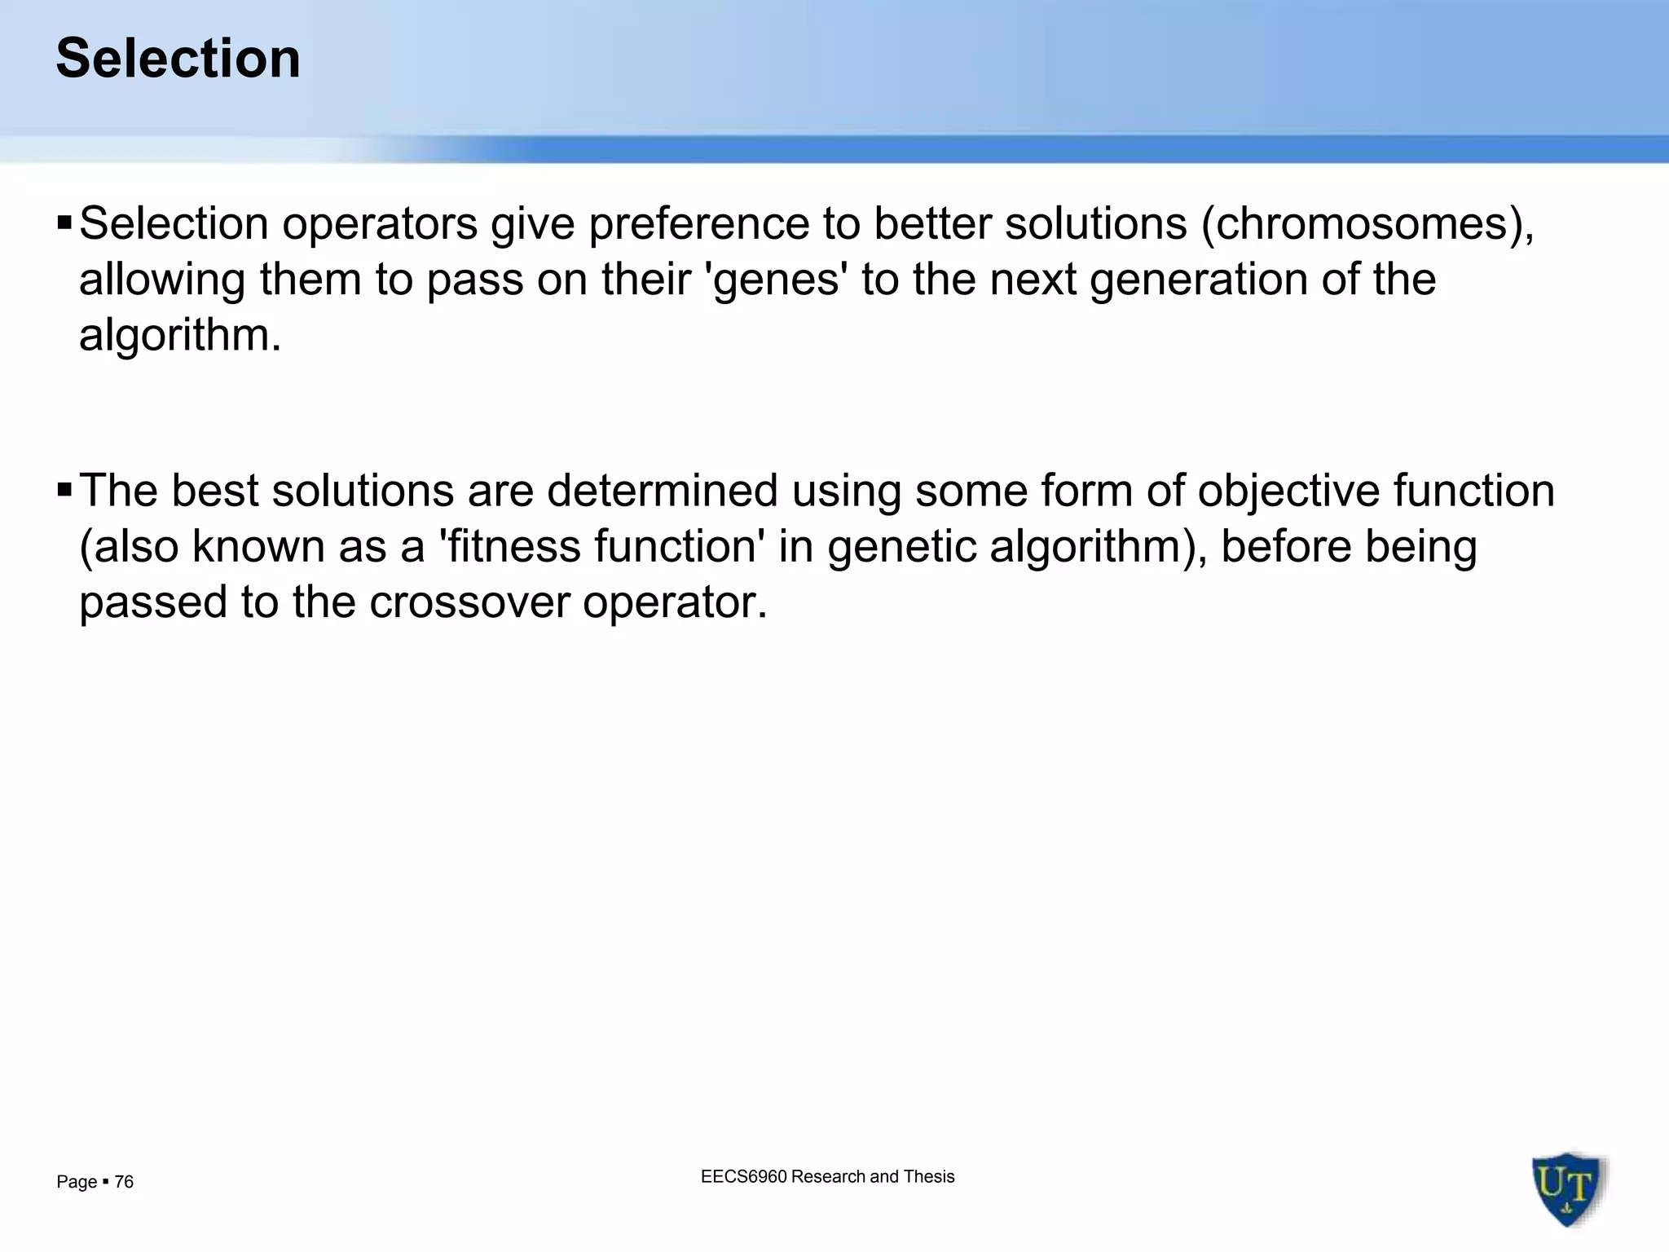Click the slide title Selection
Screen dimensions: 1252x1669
[x=178, y=59]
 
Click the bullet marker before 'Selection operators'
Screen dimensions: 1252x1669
[x=65, y=222]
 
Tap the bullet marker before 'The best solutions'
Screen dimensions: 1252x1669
[x=65, y=490]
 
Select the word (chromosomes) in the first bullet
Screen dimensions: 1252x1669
[x=1367, y=224]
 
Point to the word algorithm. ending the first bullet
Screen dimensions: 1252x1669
[x=180, y=335]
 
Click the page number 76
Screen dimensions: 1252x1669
[x=124, y=1182]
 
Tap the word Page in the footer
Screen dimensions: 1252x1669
[x=76, y=1182]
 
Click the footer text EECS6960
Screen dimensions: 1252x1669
[x=743, y=1176]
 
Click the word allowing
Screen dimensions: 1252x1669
[x=161, y=280]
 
